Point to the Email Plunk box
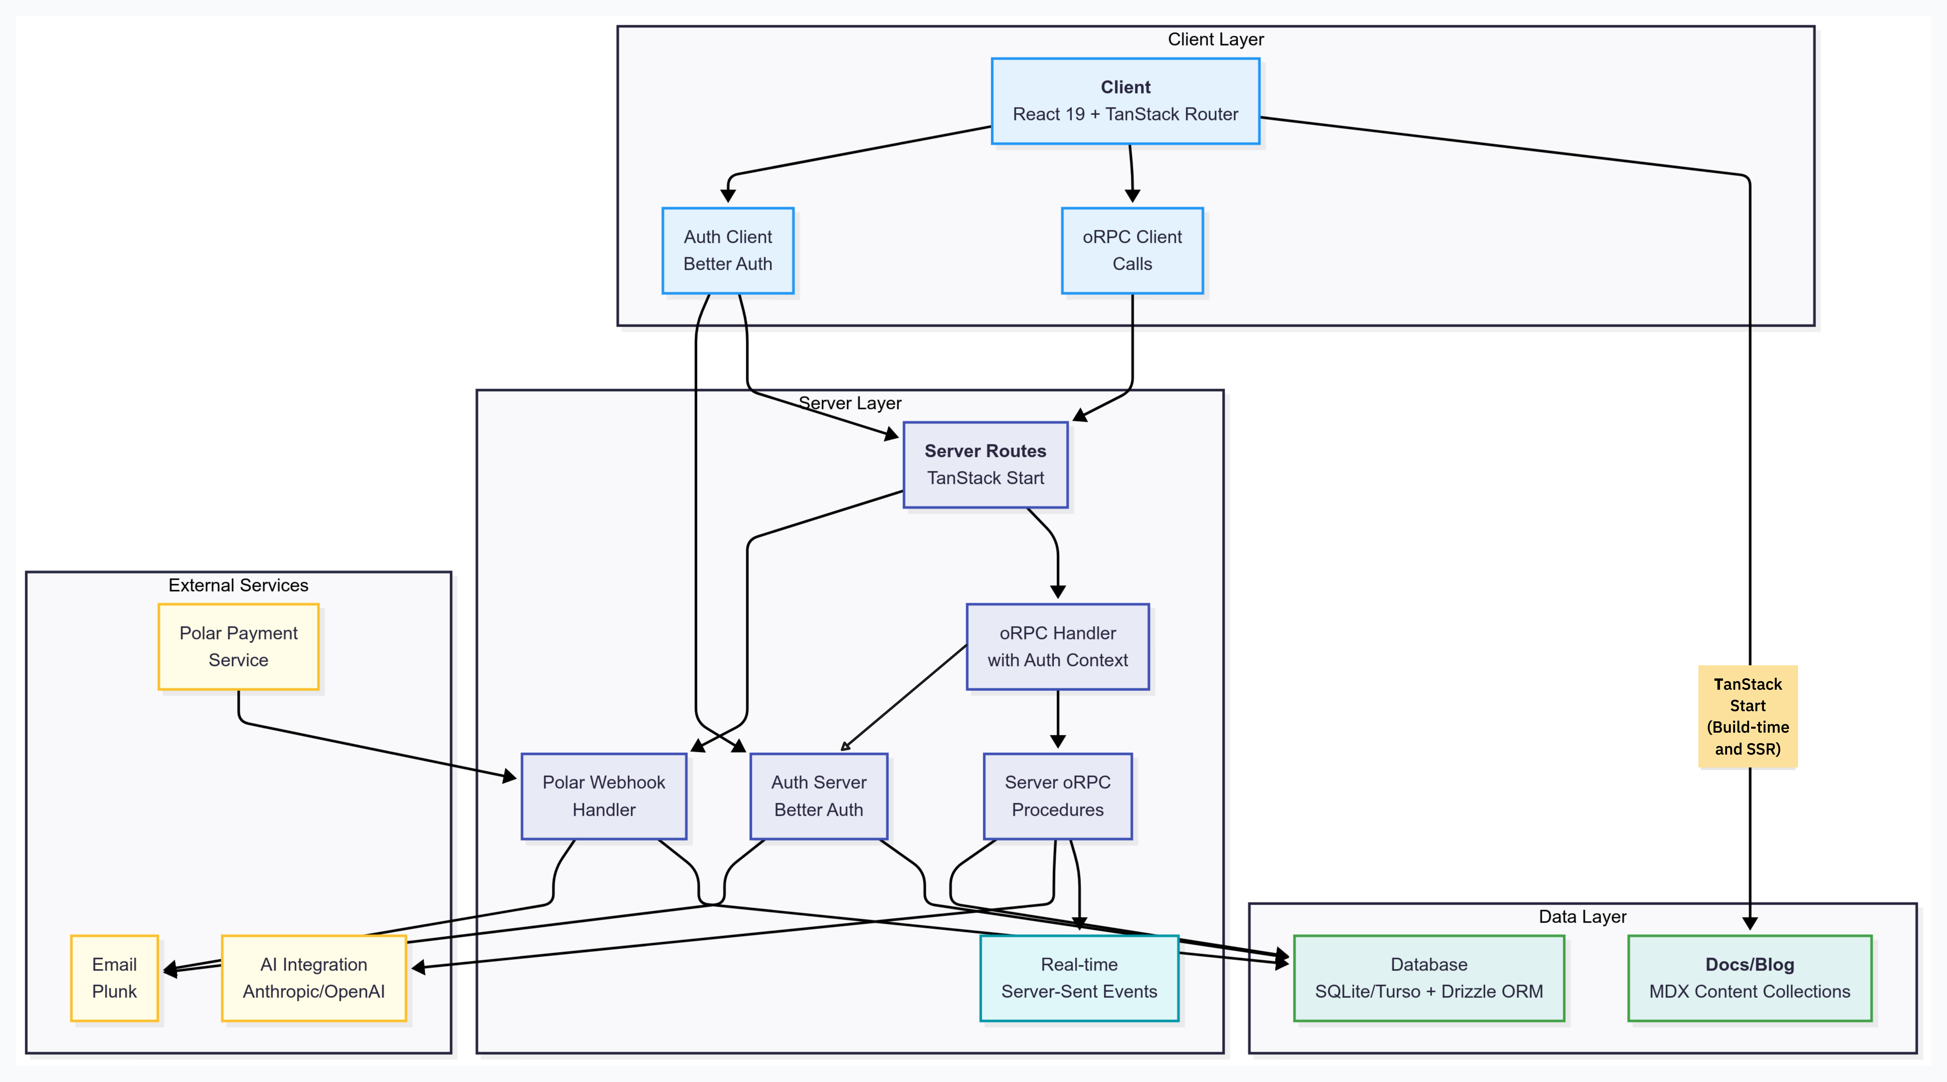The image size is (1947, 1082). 114,978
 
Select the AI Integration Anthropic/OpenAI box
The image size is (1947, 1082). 314,978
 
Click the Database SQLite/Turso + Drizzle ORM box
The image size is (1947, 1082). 1429,978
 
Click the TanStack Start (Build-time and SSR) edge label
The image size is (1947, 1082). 1748,716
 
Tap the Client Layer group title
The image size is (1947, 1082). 1215,39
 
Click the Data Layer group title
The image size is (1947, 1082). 1582,916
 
